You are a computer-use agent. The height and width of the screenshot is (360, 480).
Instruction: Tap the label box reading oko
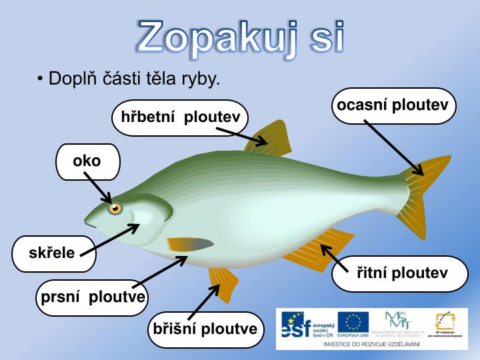click(x=87, y=161)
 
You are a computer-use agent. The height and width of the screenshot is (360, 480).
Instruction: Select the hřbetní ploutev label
click(x=180, y=118)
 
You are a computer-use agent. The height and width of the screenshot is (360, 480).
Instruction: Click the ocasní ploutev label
click(x=393, y=105)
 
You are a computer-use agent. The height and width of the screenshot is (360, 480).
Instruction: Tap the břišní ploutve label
click(x=205, y=329)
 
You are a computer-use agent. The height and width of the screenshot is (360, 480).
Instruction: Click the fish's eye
click(x=115, y=208)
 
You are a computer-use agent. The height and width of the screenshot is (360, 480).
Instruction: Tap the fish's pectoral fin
click(x=190, y=245)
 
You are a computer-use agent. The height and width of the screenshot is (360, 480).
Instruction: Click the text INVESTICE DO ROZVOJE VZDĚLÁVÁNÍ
click(x=371, y=344)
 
